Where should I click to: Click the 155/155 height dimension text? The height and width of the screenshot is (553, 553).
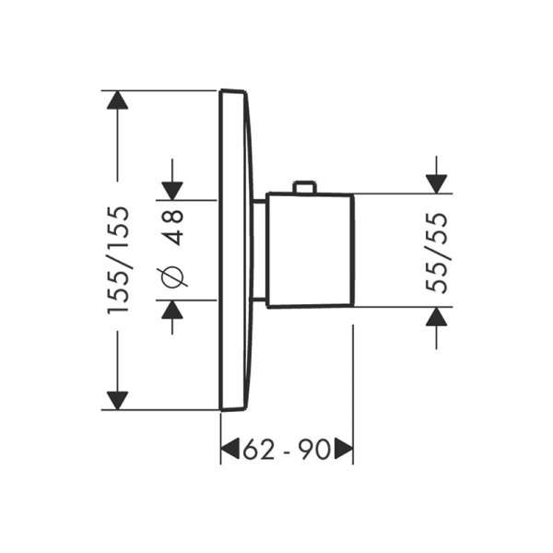(118, 261)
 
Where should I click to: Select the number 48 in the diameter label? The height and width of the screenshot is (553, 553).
(173, 227)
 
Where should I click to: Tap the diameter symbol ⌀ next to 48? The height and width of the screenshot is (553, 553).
(173, 275)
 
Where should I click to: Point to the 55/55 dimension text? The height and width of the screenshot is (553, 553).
(440, 252)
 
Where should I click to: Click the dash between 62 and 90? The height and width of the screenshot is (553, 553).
(287, 450)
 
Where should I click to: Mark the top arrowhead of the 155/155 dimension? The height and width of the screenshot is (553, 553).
(117, 100)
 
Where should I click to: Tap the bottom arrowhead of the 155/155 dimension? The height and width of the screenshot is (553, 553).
(117, 400)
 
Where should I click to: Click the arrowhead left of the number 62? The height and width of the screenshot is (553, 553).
(230, 450)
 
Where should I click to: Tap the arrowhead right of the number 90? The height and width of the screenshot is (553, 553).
(343, 450)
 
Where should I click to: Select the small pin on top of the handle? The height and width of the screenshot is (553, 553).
(303, 188)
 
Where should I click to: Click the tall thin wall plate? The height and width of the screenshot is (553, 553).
(235, 250)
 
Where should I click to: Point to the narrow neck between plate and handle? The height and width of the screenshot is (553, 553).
(259, 250)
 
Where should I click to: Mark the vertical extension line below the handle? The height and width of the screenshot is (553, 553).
(353, 387)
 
